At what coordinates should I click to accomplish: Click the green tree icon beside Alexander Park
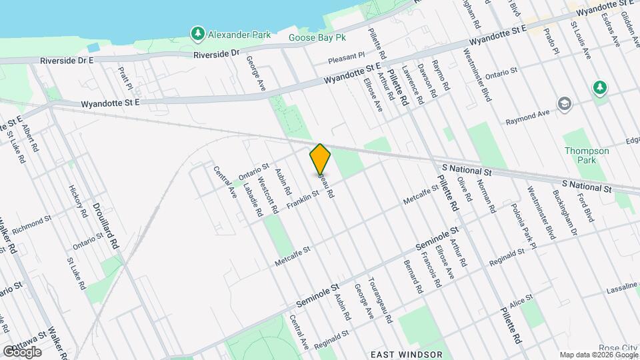pos(197,33)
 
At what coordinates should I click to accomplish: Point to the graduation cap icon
pos(565,104)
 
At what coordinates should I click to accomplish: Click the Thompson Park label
pos(587,155)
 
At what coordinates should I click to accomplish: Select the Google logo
pos(21,351)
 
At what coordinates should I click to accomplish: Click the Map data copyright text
pos(597,354)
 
